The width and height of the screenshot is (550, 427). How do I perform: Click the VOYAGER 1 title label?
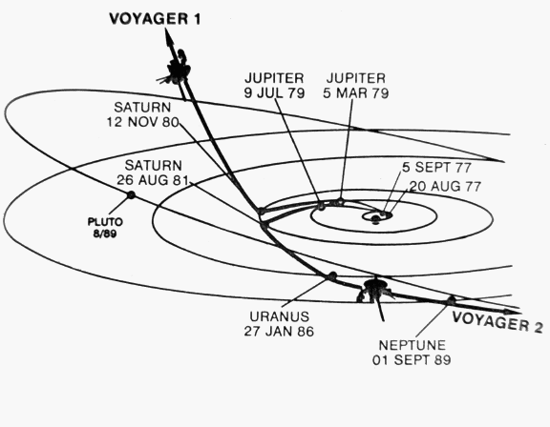[x=155, y=19]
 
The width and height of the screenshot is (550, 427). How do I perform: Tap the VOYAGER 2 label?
[x=497, y=321]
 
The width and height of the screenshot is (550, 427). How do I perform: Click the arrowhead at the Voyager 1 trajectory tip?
[x=169, y=37]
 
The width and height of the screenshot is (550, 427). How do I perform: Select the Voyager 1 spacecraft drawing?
[x=177, y=70]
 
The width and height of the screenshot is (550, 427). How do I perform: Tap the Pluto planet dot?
[x=131, y=195]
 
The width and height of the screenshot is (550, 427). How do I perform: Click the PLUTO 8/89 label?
[x=105, y=228]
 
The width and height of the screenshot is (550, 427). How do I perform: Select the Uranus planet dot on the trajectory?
[x=332, y=275]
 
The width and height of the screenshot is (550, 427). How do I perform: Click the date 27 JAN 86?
[x=279, y=331]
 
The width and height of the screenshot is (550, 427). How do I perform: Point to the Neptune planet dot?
[x=451, y=300]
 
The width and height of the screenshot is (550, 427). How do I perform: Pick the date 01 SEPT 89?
[x=412, y=359]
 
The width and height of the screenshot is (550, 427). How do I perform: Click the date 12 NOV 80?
[x=143, y=122]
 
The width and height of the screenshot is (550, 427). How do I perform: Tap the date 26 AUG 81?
[x=153, y=180]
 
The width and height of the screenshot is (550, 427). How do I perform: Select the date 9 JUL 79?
[x=274, y=93]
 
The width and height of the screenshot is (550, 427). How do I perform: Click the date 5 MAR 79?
[x=355, y=93]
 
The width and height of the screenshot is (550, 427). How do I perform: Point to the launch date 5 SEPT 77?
[x=436, y=168]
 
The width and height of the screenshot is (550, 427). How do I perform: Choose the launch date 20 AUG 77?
[x=445, y=186]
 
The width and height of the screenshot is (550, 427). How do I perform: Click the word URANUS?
[x=279, y=316]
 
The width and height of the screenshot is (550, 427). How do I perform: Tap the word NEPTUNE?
[x=412, y=345]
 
